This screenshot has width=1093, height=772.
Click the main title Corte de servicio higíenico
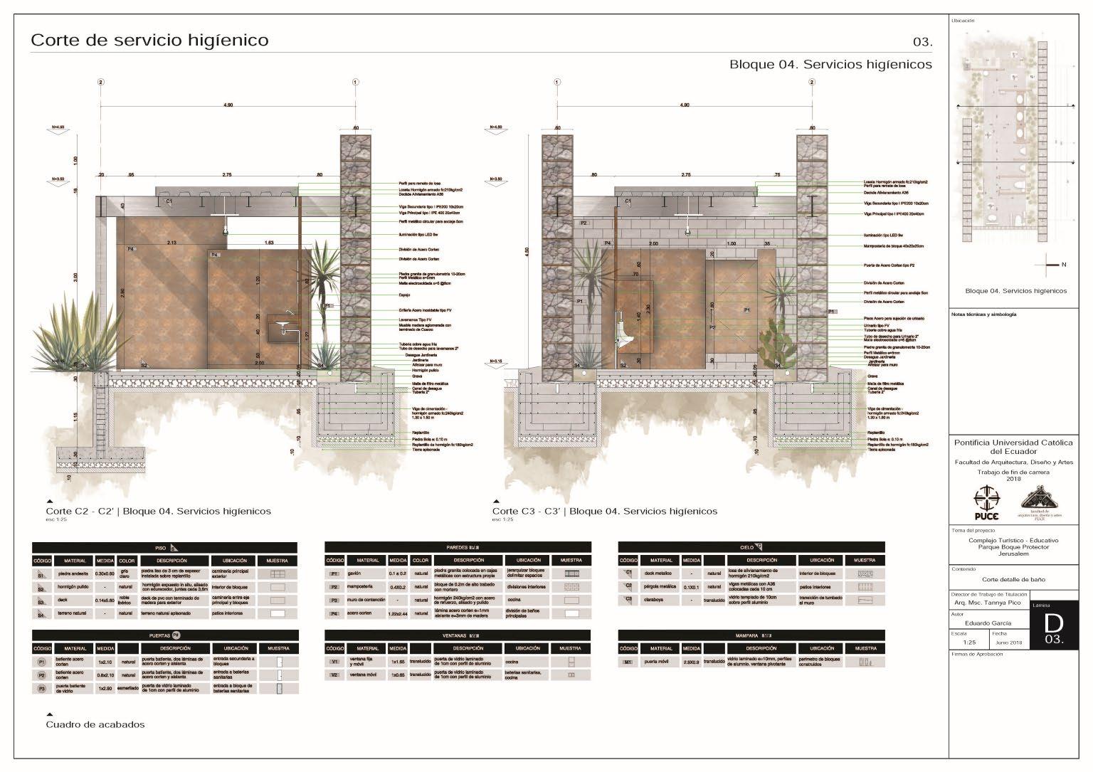pyautogui.click(x=149, y=40)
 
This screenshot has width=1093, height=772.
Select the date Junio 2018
pyautogui.click(x=1009, y=643)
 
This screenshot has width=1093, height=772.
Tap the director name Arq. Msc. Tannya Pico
pyautogui.click(x=988, y=603)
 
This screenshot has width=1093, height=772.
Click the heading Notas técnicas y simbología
pyautogui.click(x=984, y=314)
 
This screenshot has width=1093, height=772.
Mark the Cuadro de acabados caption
pyautogui.click(x=95, y=724)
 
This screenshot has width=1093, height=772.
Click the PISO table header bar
pyautogui.click(x=165, y=547)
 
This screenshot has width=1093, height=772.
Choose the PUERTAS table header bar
pyautogui.click(x=165, y=635)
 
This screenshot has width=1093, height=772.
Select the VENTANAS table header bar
pyautogui.click(x=458, y=635)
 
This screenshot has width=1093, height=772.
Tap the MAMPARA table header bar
pyautogui.click(x=752, y=635)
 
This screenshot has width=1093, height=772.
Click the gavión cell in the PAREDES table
pyautogui.click(x=367, y=573)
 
